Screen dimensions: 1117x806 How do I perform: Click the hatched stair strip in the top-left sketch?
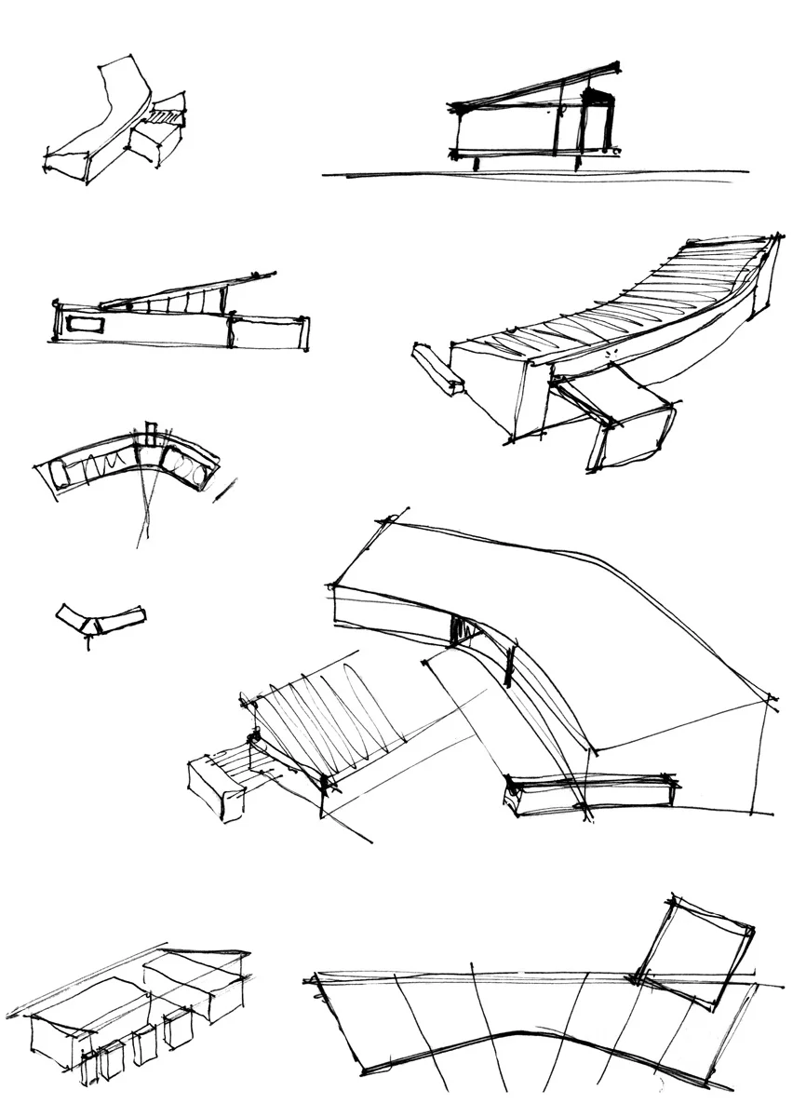(167, 117)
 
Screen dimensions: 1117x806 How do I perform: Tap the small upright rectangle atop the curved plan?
(151, 435)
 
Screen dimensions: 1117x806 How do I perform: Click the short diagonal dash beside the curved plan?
(224, 491)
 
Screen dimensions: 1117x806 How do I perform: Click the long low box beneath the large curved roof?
(590, 794)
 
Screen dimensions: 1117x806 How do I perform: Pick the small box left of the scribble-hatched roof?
(216, 787)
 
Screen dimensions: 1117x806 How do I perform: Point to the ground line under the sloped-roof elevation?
(535, 173)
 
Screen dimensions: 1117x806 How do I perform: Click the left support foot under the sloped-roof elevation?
(477, 164)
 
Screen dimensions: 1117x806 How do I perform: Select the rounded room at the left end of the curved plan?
(60, 473)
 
